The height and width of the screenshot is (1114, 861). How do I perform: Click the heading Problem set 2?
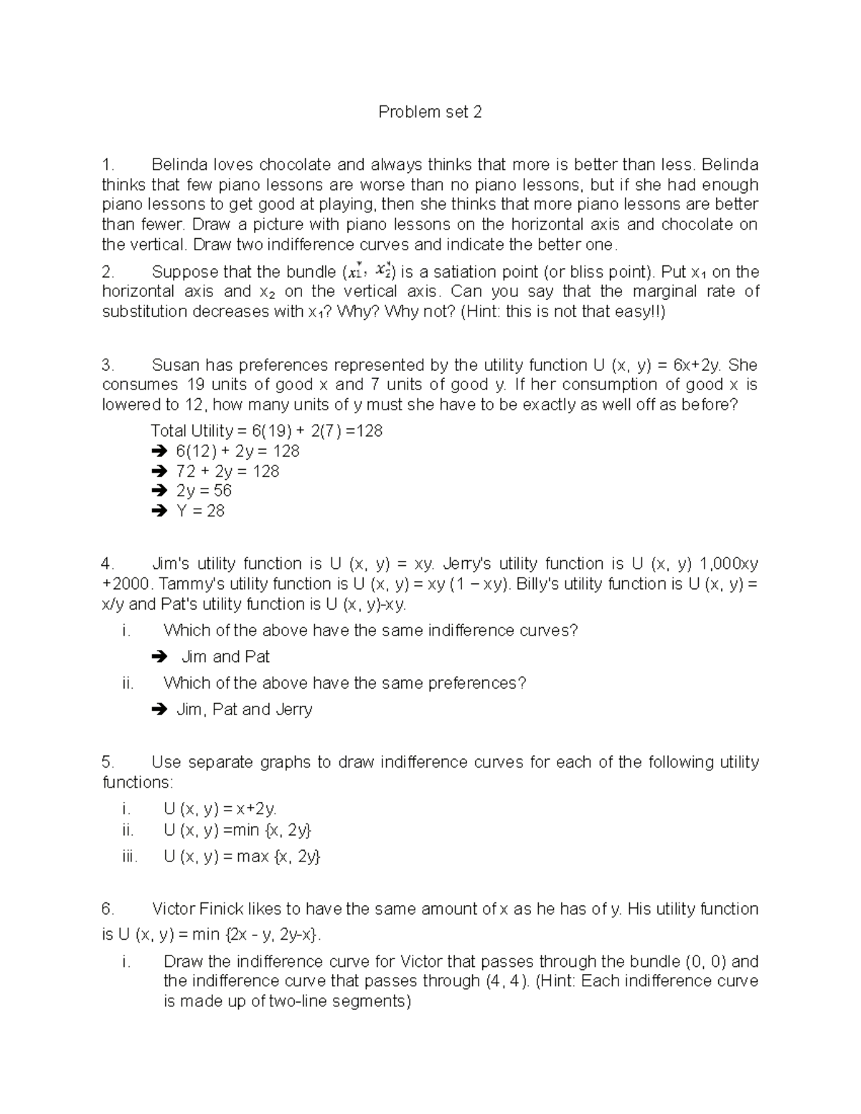[x=430, y=112]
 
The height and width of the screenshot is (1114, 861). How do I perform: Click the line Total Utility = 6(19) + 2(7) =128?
[x=266, y=431]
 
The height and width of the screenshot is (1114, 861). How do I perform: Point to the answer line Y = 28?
[x=200, y=511]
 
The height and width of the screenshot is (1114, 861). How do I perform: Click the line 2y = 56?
[x=204, y=491]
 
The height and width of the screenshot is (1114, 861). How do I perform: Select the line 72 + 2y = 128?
[x=227, y=471]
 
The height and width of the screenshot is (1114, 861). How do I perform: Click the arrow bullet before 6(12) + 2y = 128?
[x=158, y=451]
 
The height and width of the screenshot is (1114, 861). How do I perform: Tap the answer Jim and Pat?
[x=225, y=657]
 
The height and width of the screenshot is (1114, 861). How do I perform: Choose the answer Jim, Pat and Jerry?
[x=244, y=709]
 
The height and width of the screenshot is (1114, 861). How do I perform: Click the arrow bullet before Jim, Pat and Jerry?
[x=158, y=709]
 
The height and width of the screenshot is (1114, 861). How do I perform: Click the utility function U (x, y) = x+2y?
[x=220, y=809]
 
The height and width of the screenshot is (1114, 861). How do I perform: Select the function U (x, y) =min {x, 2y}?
[x=237, y=830]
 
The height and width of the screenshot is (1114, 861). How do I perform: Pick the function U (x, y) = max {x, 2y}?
[x=242, y=856]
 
